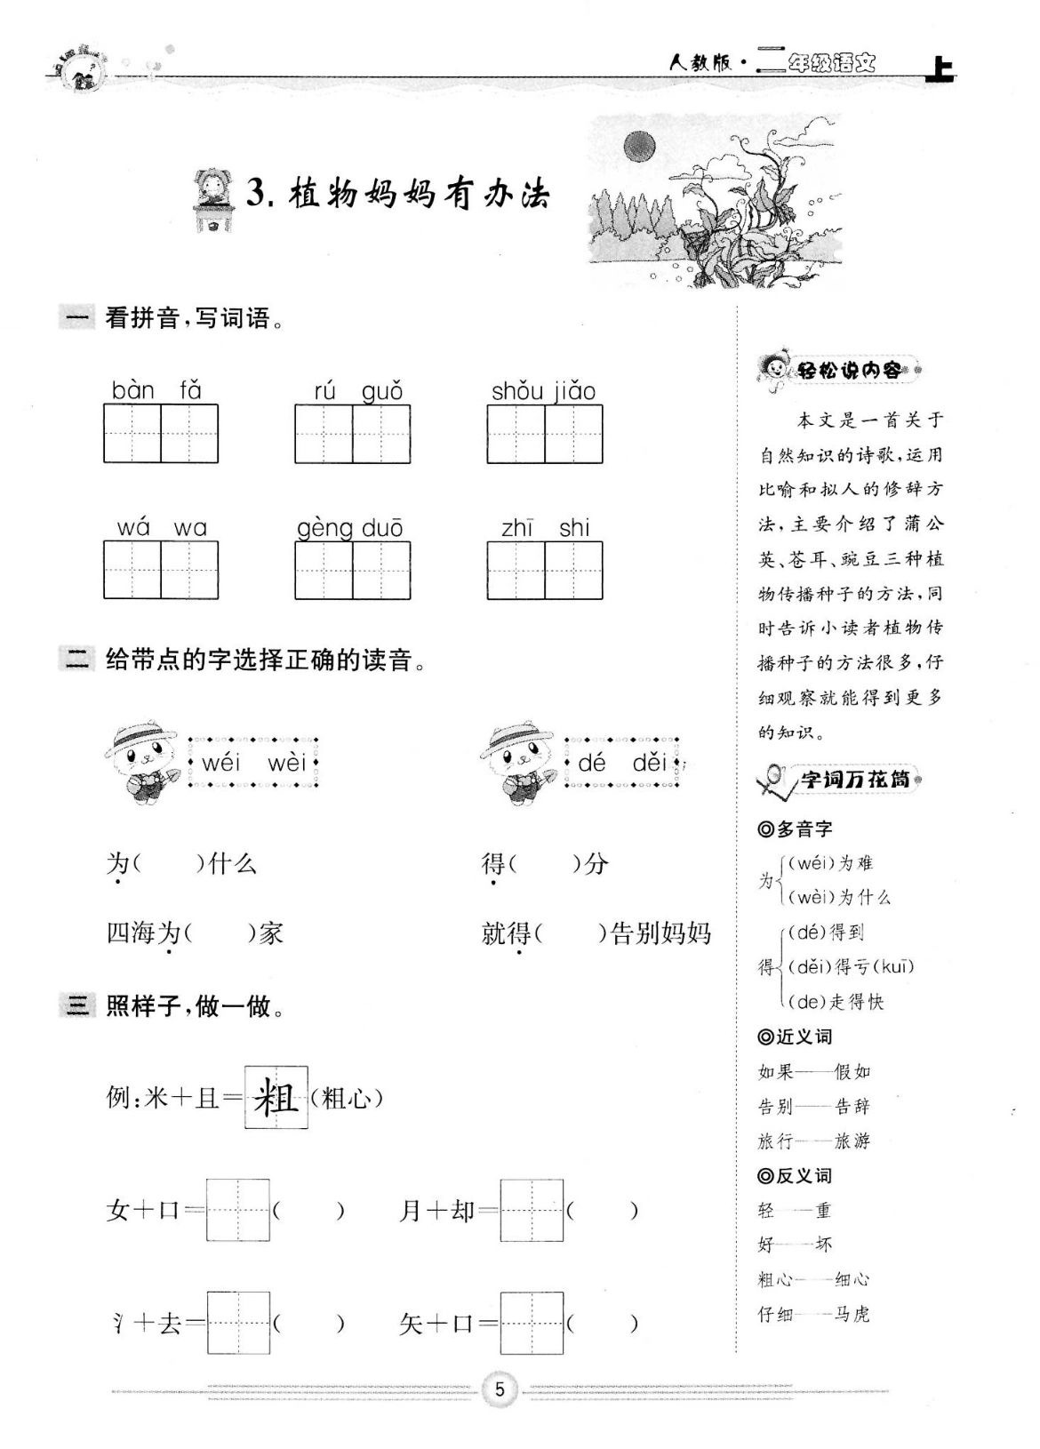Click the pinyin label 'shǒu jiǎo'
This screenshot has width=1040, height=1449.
click(543, 391)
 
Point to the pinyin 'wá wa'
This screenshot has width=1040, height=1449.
click(161, 528)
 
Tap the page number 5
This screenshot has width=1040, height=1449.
click(500, 1389)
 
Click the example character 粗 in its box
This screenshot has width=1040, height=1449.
click(276, 1098)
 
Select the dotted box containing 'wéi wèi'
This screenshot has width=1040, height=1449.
click(253, 763)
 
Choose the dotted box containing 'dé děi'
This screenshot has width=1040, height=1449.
click(622, 763)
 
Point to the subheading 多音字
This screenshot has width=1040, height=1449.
click(796, 829)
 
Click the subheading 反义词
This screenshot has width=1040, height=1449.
click(796, 1176)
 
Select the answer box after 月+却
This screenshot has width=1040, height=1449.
click(532, 1210)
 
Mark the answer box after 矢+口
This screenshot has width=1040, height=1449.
click(532, 1323)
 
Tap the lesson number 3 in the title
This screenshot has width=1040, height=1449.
click(257, 194)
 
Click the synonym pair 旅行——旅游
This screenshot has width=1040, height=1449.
click(813, 1141)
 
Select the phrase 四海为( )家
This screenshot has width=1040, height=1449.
click(195, 933)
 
